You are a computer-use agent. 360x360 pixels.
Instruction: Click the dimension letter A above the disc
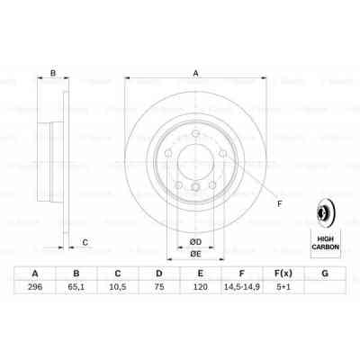(x=195, y=75)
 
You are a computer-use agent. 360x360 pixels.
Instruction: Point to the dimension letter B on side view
(x=52, y=75)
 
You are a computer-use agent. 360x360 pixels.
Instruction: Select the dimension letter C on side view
(x=85, y=241)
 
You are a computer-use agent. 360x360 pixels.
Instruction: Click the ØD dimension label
(x=194, y=240)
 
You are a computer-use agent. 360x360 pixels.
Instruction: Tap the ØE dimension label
(x=194, y=254)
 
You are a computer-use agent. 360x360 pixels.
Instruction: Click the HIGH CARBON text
(x=325, y=239)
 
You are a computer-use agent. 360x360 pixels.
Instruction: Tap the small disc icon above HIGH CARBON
(x=325, y=212)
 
